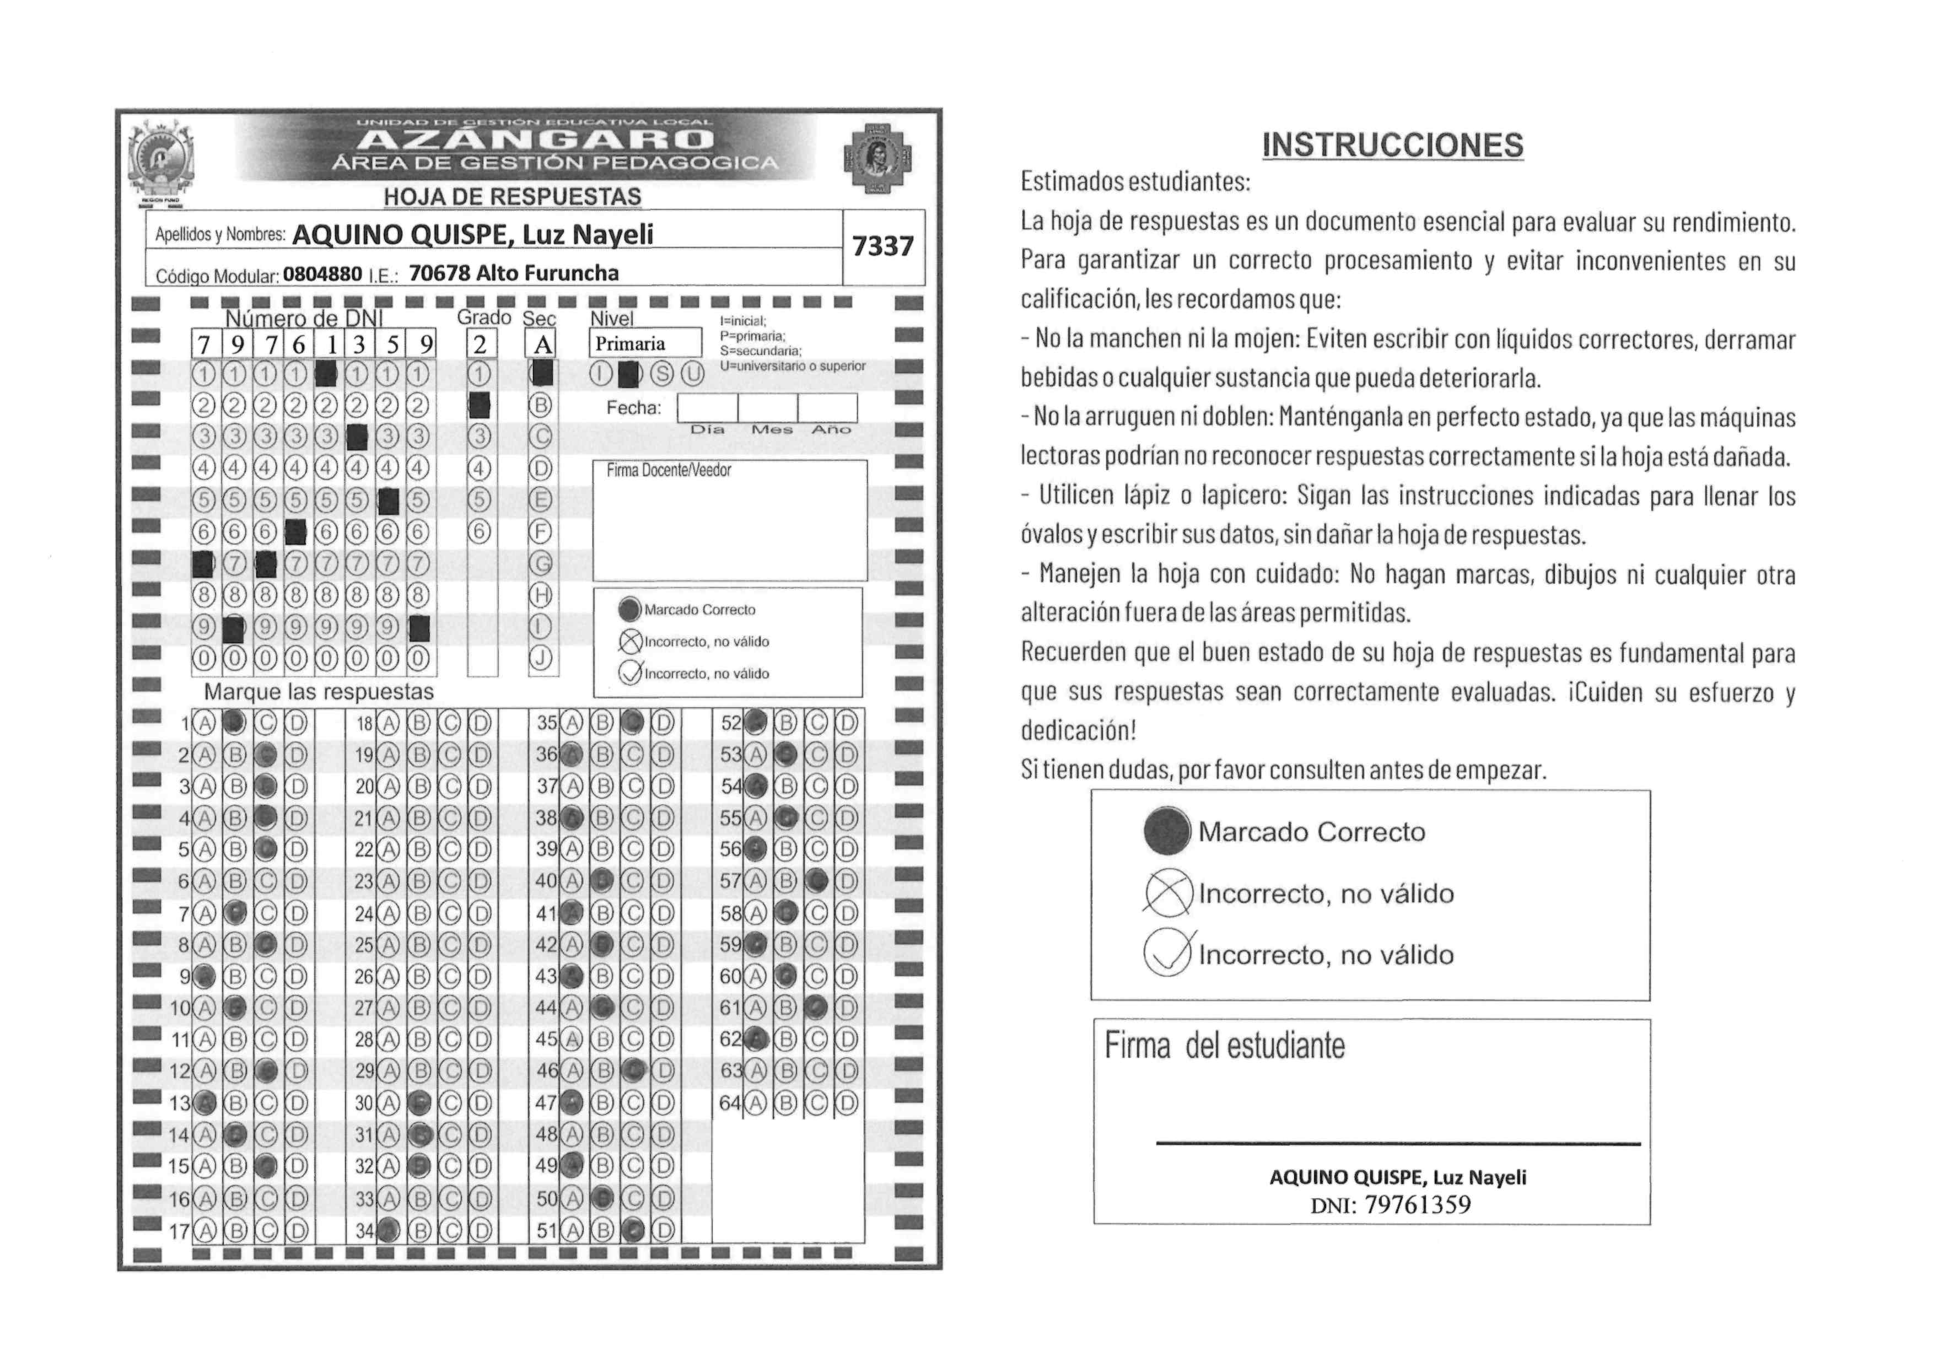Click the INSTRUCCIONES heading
[1392, 145]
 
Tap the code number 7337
[882, 246]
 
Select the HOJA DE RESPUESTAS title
[512, 196]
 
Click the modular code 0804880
[322, 273]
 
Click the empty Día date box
[707, 408]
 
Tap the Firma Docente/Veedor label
[669, 471]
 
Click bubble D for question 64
[847, 1102]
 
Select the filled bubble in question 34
[388, 1231]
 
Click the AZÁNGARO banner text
[541, 139]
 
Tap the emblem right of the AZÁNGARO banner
[877, 157]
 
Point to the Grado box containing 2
[481, 343]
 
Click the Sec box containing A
[541, 343]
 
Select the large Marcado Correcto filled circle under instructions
[1167, 831]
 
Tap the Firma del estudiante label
[1224, 1046]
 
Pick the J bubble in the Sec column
[541, 658]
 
